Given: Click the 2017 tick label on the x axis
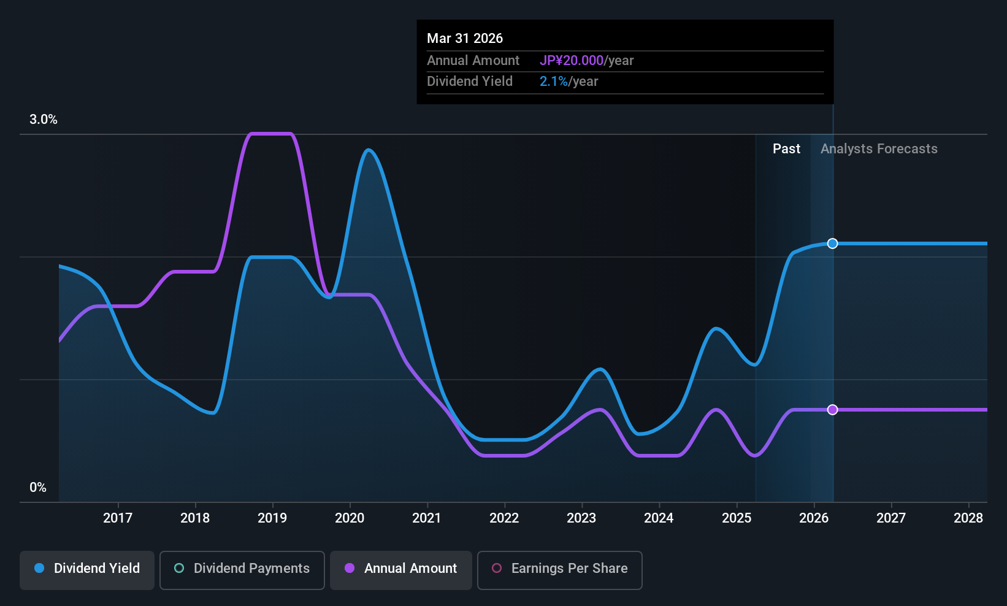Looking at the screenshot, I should [118, 518].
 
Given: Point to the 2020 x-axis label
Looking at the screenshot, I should [350, 518].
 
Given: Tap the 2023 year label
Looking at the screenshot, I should [581, 518].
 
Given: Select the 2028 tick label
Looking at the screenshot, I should [968, 518].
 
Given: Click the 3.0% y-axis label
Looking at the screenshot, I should [44, 120].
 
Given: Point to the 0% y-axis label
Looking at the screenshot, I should [38, 488].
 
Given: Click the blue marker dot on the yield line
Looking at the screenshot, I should [832, 244].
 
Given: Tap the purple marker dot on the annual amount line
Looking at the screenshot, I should [832, 410].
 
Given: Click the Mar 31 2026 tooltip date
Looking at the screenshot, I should [465, 39].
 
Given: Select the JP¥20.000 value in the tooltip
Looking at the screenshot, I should [572, 61].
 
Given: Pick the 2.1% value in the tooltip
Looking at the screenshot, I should [553, 82].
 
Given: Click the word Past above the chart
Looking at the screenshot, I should [786, 149].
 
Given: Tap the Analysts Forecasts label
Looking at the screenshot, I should [879, 149].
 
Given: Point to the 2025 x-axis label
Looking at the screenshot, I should [737, 518].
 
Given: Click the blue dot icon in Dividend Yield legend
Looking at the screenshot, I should [39, 569].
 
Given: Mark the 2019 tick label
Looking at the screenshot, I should [272, 518].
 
